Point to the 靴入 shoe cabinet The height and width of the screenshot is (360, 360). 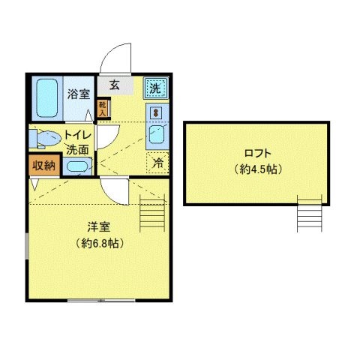click(103, 109)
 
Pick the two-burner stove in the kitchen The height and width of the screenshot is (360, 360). click(156, 112)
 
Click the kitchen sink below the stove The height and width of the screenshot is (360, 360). click(157, 136)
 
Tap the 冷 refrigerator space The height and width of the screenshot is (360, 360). click(157, 161)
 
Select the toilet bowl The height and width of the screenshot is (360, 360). click(46, 139)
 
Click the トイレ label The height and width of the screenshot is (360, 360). click(78, 135)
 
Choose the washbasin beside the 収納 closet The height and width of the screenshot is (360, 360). click(77, 166)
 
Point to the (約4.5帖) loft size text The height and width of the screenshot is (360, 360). click(256, 169)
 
